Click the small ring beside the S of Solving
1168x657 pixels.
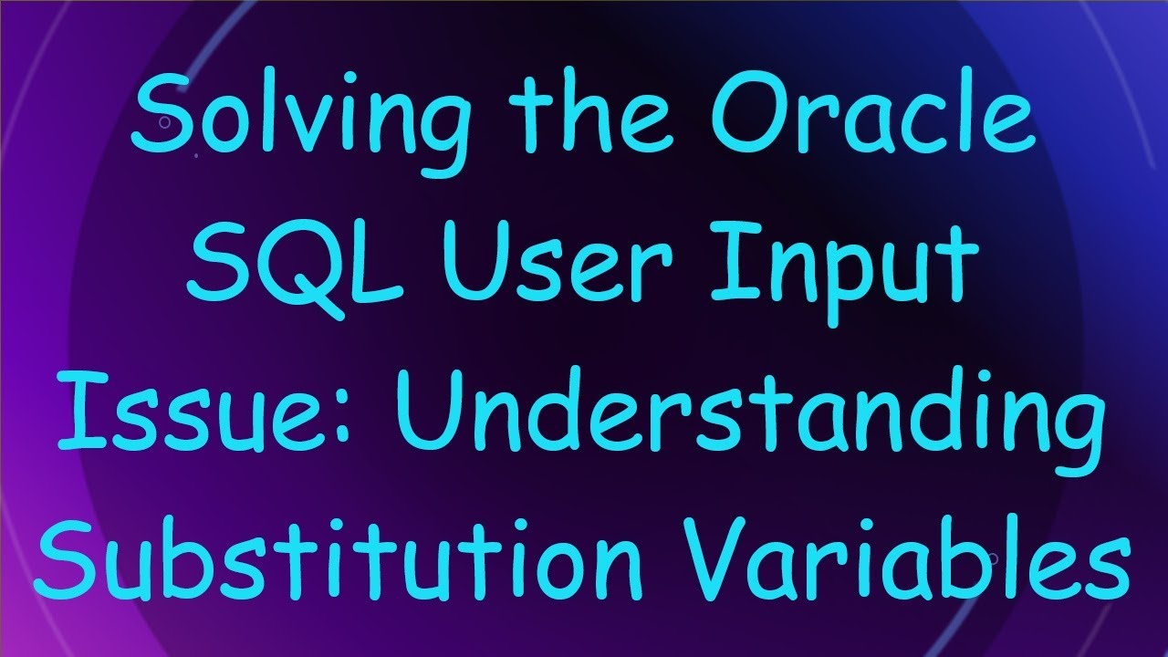[165, 122]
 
